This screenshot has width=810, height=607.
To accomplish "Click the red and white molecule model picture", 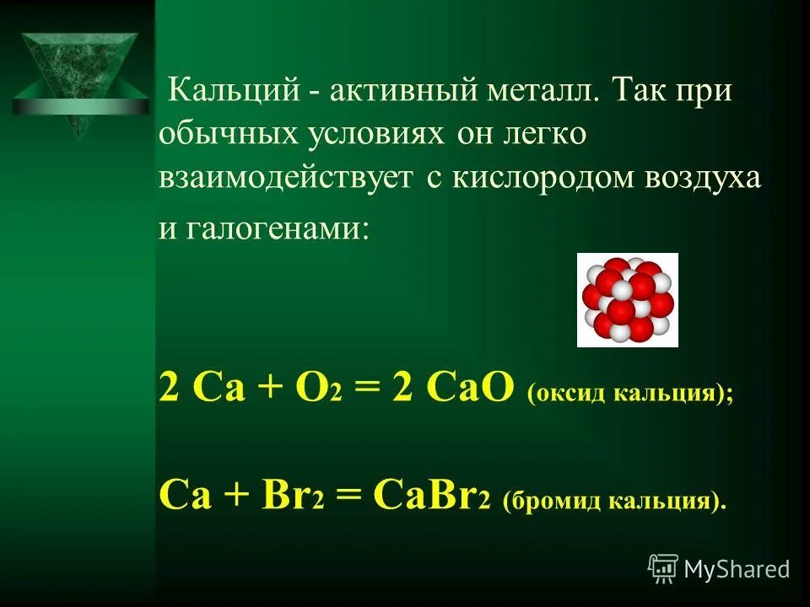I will click(x=627, y=299).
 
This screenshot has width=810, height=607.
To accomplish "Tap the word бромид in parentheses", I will click(x=550, y=499).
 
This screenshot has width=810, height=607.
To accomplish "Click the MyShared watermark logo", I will click(x=719, y=569).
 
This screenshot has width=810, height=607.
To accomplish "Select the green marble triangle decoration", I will click(x=76, y=80).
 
